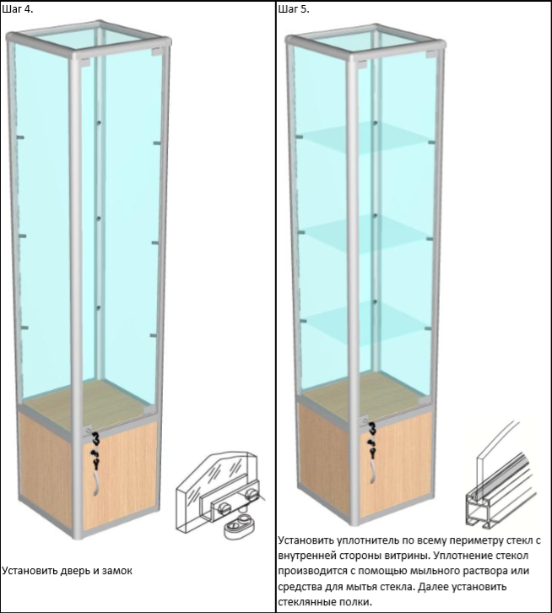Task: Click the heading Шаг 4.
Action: tap(18, 10)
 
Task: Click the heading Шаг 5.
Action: tap(294, 10)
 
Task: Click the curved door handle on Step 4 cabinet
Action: tap(96, 485)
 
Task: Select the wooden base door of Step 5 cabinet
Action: tap(396, 460)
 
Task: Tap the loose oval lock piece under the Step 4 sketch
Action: tap(240, 527)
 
